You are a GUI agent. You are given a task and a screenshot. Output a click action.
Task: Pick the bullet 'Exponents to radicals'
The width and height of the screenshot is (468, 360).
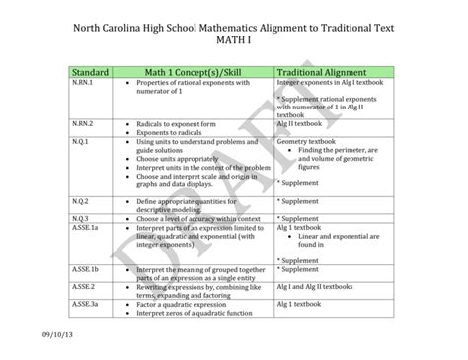(x=173, y=133)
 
